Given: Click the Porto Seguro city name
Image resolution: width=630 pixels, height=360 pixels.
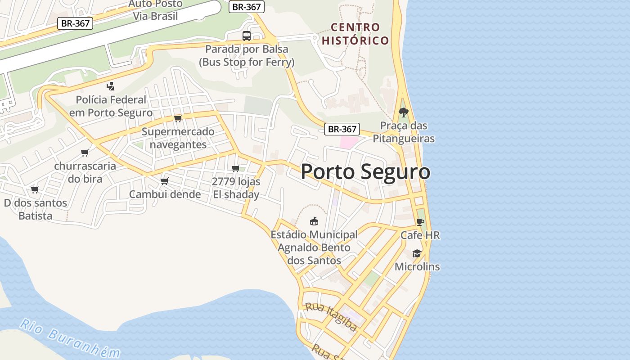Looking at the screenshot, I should click(x=365, y=172).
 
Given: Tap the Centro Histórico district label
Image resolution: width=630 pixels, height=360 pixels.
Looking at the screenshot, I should click(x=355, y=34).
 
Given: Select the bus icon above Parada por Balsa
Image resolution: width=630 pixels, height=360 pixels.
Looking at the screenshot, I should click(x=247, y=36).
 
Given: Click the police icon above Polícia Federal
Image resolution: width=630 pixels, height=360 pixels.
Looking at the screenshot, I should click(x=110, y=86).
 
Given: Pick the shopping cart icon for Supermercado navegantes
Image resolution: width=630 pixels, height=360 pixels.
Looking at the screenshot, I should click(x=178, y=118).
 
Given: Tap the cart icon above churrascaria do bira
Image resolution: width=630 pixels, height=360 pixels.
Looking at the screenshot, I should click(x=85, y=153).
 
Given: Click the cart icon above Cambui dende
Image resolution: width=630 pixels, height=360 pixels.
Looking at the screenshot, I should click(x=165, y=181).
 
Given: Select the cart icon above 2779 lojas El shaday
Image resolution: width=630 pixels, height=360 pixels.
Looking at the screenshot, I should click(x=235, y=169).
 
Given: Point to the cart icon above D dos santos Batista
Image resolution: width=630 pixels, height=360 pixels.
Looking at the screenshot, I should click(x=35, y=189).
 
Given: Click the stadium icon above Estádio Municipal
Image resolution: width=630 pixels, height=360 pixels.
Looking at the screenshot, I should click(x=314, y=221).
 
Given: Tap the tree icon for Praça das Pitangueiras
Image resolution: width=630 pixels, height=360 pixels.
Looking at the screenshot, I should click(x=404, y=112).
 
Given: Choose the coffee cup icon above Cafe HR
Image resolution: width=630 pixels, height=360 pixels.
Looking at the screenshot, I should click(x=420, y=222).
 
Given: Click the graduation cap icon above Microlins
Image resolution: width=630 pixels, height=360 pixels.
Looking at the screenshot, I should click(x=417, y=253).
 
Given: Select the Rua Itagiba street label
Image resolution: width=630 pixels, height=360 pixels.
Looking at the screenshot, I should click(x=331, y=316).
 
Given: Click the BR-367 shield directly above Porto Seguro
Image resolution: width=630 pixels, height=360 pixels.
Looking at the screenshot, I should click(x=342, y=129).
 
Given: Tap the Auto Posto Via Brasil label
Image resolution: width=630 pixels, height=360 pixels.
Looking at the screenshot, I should click(x=155, y=10).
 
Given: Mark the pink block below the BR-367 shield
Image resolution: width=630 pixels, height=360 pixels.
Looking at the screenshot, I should click(x=348, y=142).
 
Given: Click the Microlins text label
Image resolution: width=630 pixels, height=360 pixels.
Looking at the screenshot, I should click(x=417, y=266).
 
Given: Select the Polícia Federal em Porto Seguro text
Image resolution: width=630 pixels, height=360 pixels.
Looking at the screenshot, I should click(x=111, y=106).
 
